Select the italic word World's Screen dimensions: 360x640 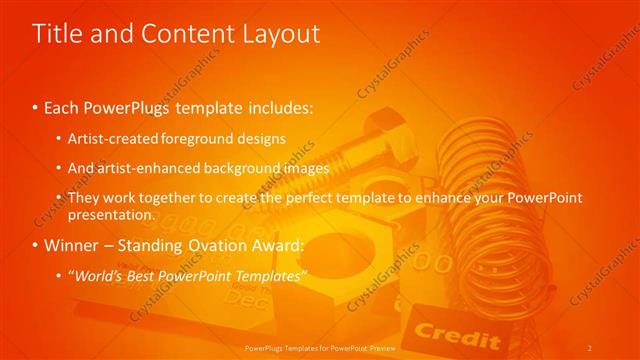coord(102,275)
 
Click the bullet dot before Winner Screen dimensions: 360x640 coord(36,245)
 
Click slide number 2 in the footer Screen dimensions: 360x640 coord(590,346)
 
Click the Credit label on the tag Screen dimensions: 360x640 coord(443,330)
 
